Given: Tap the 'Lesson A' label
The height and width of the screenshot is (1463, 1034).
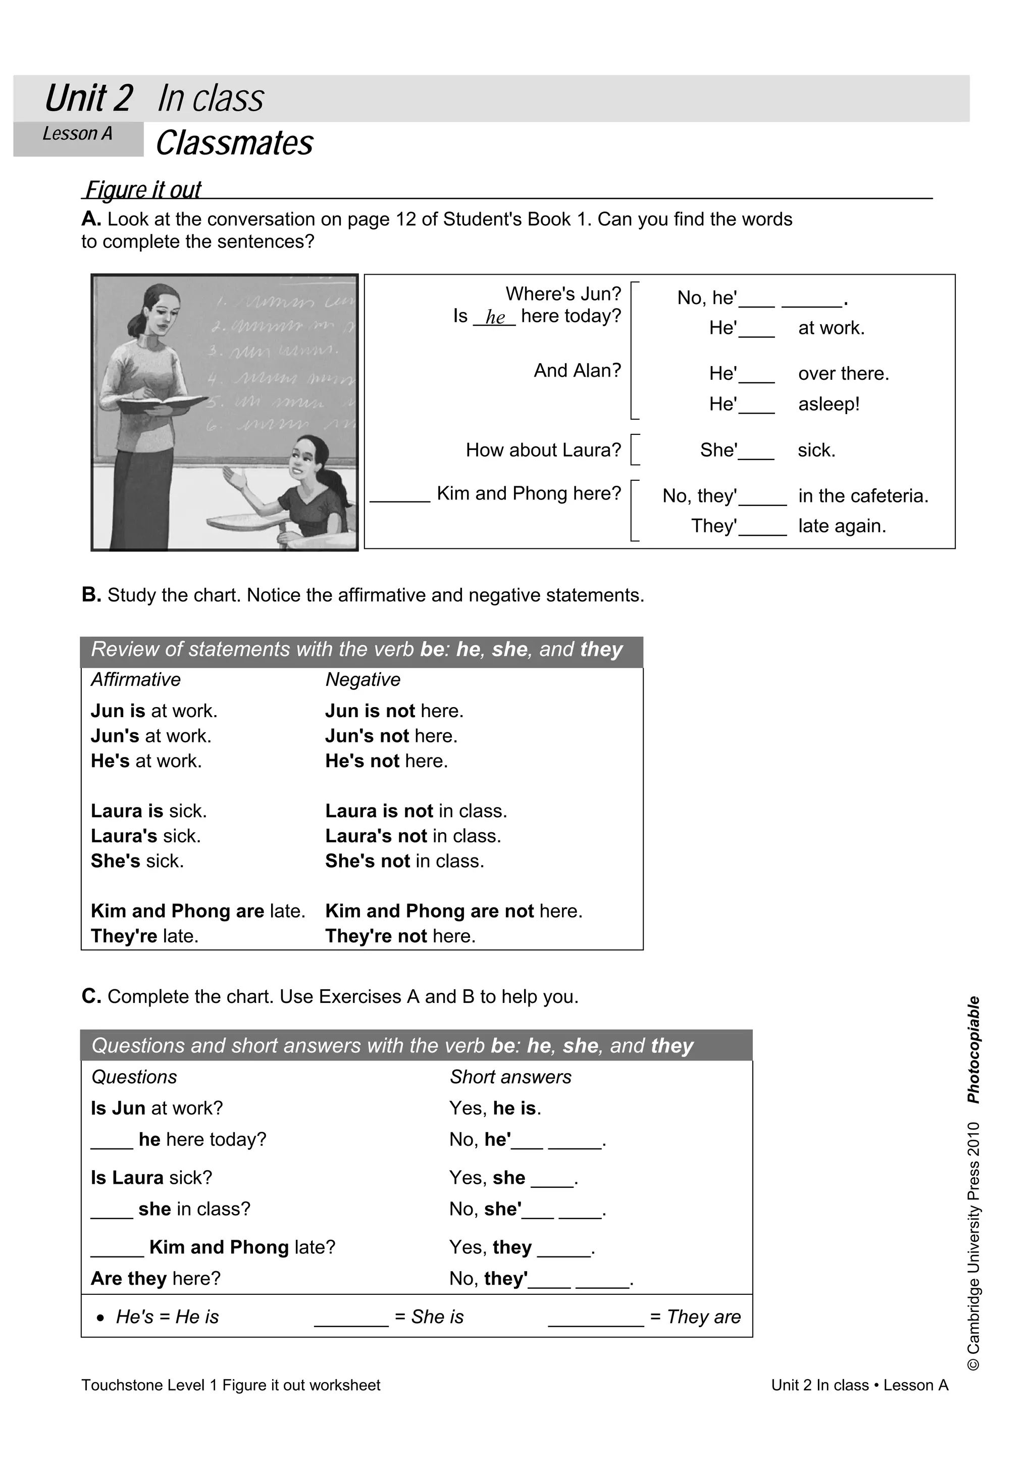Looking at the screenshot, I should [77, 134].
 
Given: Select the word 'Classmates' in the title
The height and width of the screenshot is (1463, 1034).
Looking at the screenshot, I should [234, 143].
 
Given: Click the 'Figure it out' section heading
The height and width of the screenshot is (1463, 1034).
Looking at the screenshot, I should [143, 189].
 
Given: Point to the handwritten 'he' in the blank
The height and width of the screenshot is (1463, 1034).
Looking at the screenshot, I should [495, 317].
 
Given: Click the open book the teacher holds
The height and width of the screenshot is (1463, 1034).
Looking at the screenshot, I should [163, 404].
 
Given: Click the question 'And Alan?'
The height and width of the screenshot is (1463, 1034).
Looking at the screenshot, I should [577, 370].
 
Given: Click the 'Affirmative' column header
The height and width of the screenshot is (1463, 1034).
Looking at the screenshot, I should [136, 679].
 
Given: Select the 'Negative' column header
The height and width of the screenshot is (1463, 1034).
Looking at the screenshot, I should [363, 679].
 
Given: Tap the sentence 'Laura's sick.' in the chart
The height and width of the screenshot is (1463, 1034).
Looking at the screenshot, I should [146, 835].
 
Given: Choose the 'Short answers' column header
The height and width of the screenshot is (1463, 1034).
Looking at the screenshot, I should [510, 1076].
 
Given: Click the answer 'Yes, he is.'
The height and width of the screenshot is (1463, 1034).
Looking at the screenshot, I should [495, 1108].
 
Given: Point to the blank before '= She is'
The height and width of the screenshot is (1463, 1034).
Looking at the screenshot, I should [351, 1317].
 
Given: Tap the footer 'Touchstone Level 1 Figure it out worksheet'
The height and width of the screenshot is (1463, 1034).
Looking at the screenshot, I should [231, 1385].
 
